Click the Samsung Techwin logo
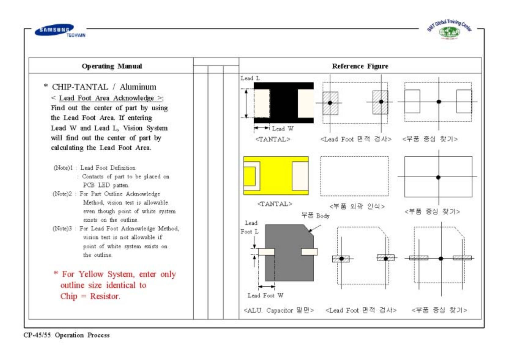pos(60,31)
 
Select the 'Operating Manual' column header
pos(112,66)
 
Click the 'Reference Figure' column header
pos(360,66)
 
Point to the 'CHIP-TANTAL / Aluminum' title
pos(104,87)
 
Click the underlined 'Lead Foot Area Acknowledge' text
pos(107,98)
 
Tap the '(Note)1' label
pos(63,168)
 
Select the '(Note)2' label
pos(62,194)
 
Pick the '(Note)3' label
pos(62,229)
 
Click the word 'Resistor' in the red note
pos(104,296)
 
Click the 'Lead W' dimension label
pos(283,129)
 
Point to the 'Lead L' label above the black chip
pos(250,78)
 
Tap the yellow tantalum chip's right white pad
pos(300,176)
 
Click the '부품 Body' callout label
pos(315,215)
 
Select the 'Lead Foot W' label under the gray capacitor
pos(265,296)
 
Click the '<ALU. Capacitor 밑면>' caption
pos(278,310)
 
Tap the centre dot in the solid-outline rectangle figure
pos(438,177)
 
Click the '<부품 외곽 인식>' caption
pos(357,207)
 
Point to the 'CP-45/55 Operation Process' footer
pos(66,335)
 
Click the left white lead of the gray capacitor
pos(266,252)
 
